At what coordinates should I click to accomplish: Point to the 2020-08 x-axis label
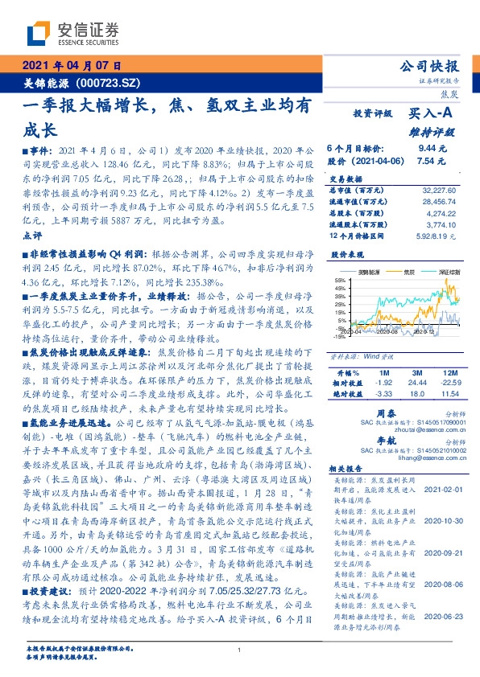point(388,330)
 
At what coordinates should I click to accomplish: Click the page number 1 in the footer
point(239,650)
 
